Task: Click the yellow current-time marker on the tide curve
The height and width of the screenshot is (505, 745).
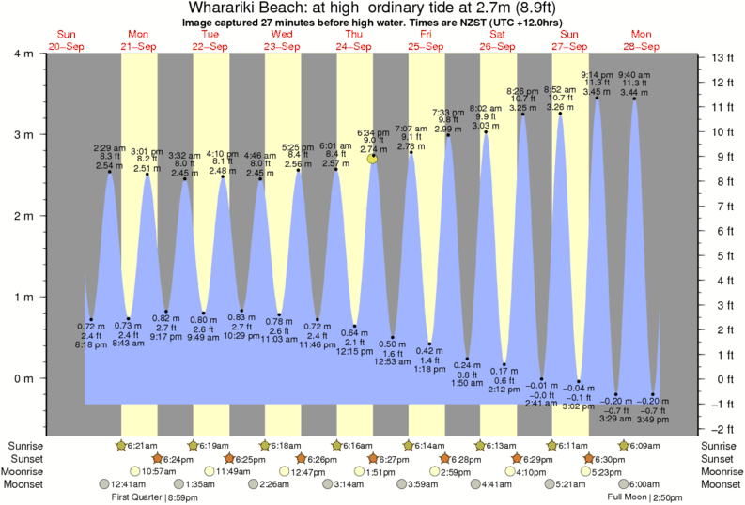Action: (373, 159)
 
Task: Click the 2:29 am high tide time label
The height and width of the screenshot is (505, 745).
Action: (109, 148)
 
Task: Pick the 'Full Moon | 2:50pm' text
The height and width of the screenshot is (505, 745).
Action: (645, 497)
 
